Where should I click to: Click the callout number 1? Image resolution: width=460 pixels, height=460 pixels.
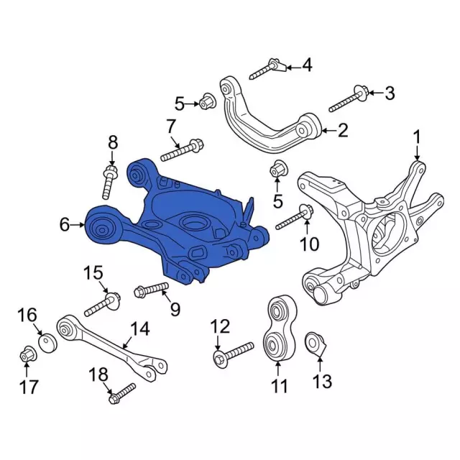(417, 136)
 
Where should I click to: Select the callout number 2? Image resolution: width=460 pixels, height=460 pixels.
(342, 130)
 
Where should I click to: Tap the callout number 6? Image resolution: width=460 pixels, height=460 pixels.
(65, 226)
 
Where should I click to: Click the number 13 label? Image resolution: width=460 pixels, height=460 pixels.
(323, 381)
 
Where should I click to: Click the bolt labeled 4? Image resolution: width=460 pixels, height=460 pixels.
(266, 70)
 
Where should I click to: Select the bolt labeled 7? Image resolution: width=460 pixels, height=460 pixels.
(180, 151)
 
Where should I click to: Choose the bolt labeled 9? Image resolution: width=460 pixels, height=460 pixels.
(151, 290)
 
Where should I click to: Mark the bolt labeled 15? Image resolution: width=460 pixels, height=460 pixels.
(100, 305)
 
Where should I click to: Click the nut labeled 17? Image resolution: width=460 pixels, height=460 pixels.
(27, 354)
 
